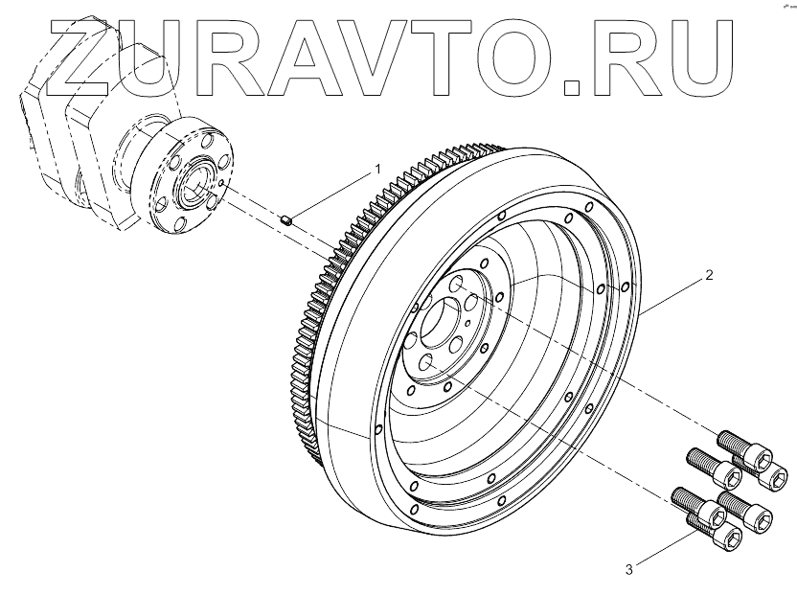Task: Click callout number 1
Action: (376, 170)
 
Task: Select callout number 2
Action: (708, 276)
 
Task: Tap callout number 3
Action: (628, 570)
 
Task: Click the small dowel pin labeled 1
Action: (285, 221)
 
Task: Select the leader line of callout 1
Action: (335, 193)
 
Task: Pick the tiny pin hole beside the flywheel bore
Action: (467, 324)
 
